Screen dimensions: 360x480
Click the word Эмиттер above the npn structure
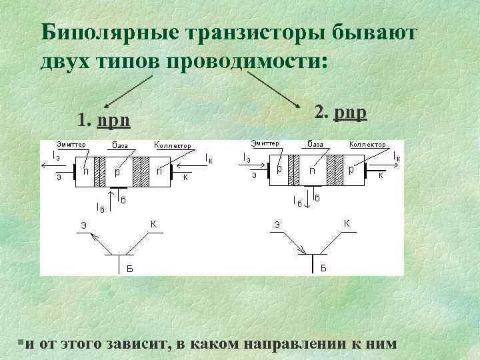coord(71,144)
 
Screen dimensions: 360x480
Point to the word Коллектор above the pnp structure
coord(367,144)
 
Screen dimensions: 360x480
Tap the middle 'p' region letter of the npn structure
coord(117,171)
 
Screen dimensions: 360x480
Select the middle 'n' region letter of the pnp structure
coord(312,171)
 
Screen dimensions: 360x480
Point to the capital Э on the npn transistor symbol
coord(83,225)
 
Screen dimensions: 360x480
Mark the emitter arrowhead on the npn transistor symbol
coord(95,237)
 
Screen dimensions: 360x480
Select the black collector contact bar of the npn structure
coord(172,175)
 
